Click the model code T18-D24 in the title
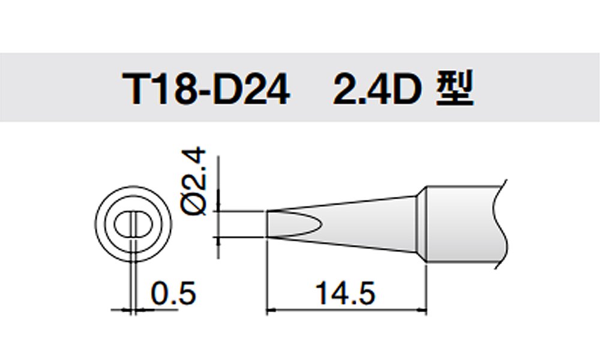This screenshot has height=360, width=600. pyautogui.click(x=206, y=89)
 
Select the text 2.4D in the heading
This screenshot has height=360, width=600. pyautogui.click(x=377, y=89)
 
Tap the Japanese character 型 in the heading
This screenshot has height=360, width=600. pyautogui.click(x=455, y=88)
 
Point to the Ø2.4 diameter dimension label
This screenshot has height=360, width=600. pyautogui.click(x=194, y=182)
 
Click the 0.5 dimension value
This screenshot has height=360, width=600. pyautogui.click(x=173, y=293)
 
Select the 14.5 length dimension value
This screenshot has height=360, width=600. pyautogui.click(x=345, y=293)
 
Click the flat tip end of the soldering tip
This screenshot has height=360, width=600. pyautogui.click(x=267, y=224)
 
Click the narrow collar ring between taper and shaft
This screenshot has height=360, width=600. pyautogui.click(x=421, y=224)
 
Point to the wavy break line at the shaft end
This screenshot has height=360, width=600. pyautogui.click(x=501, y=224)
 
